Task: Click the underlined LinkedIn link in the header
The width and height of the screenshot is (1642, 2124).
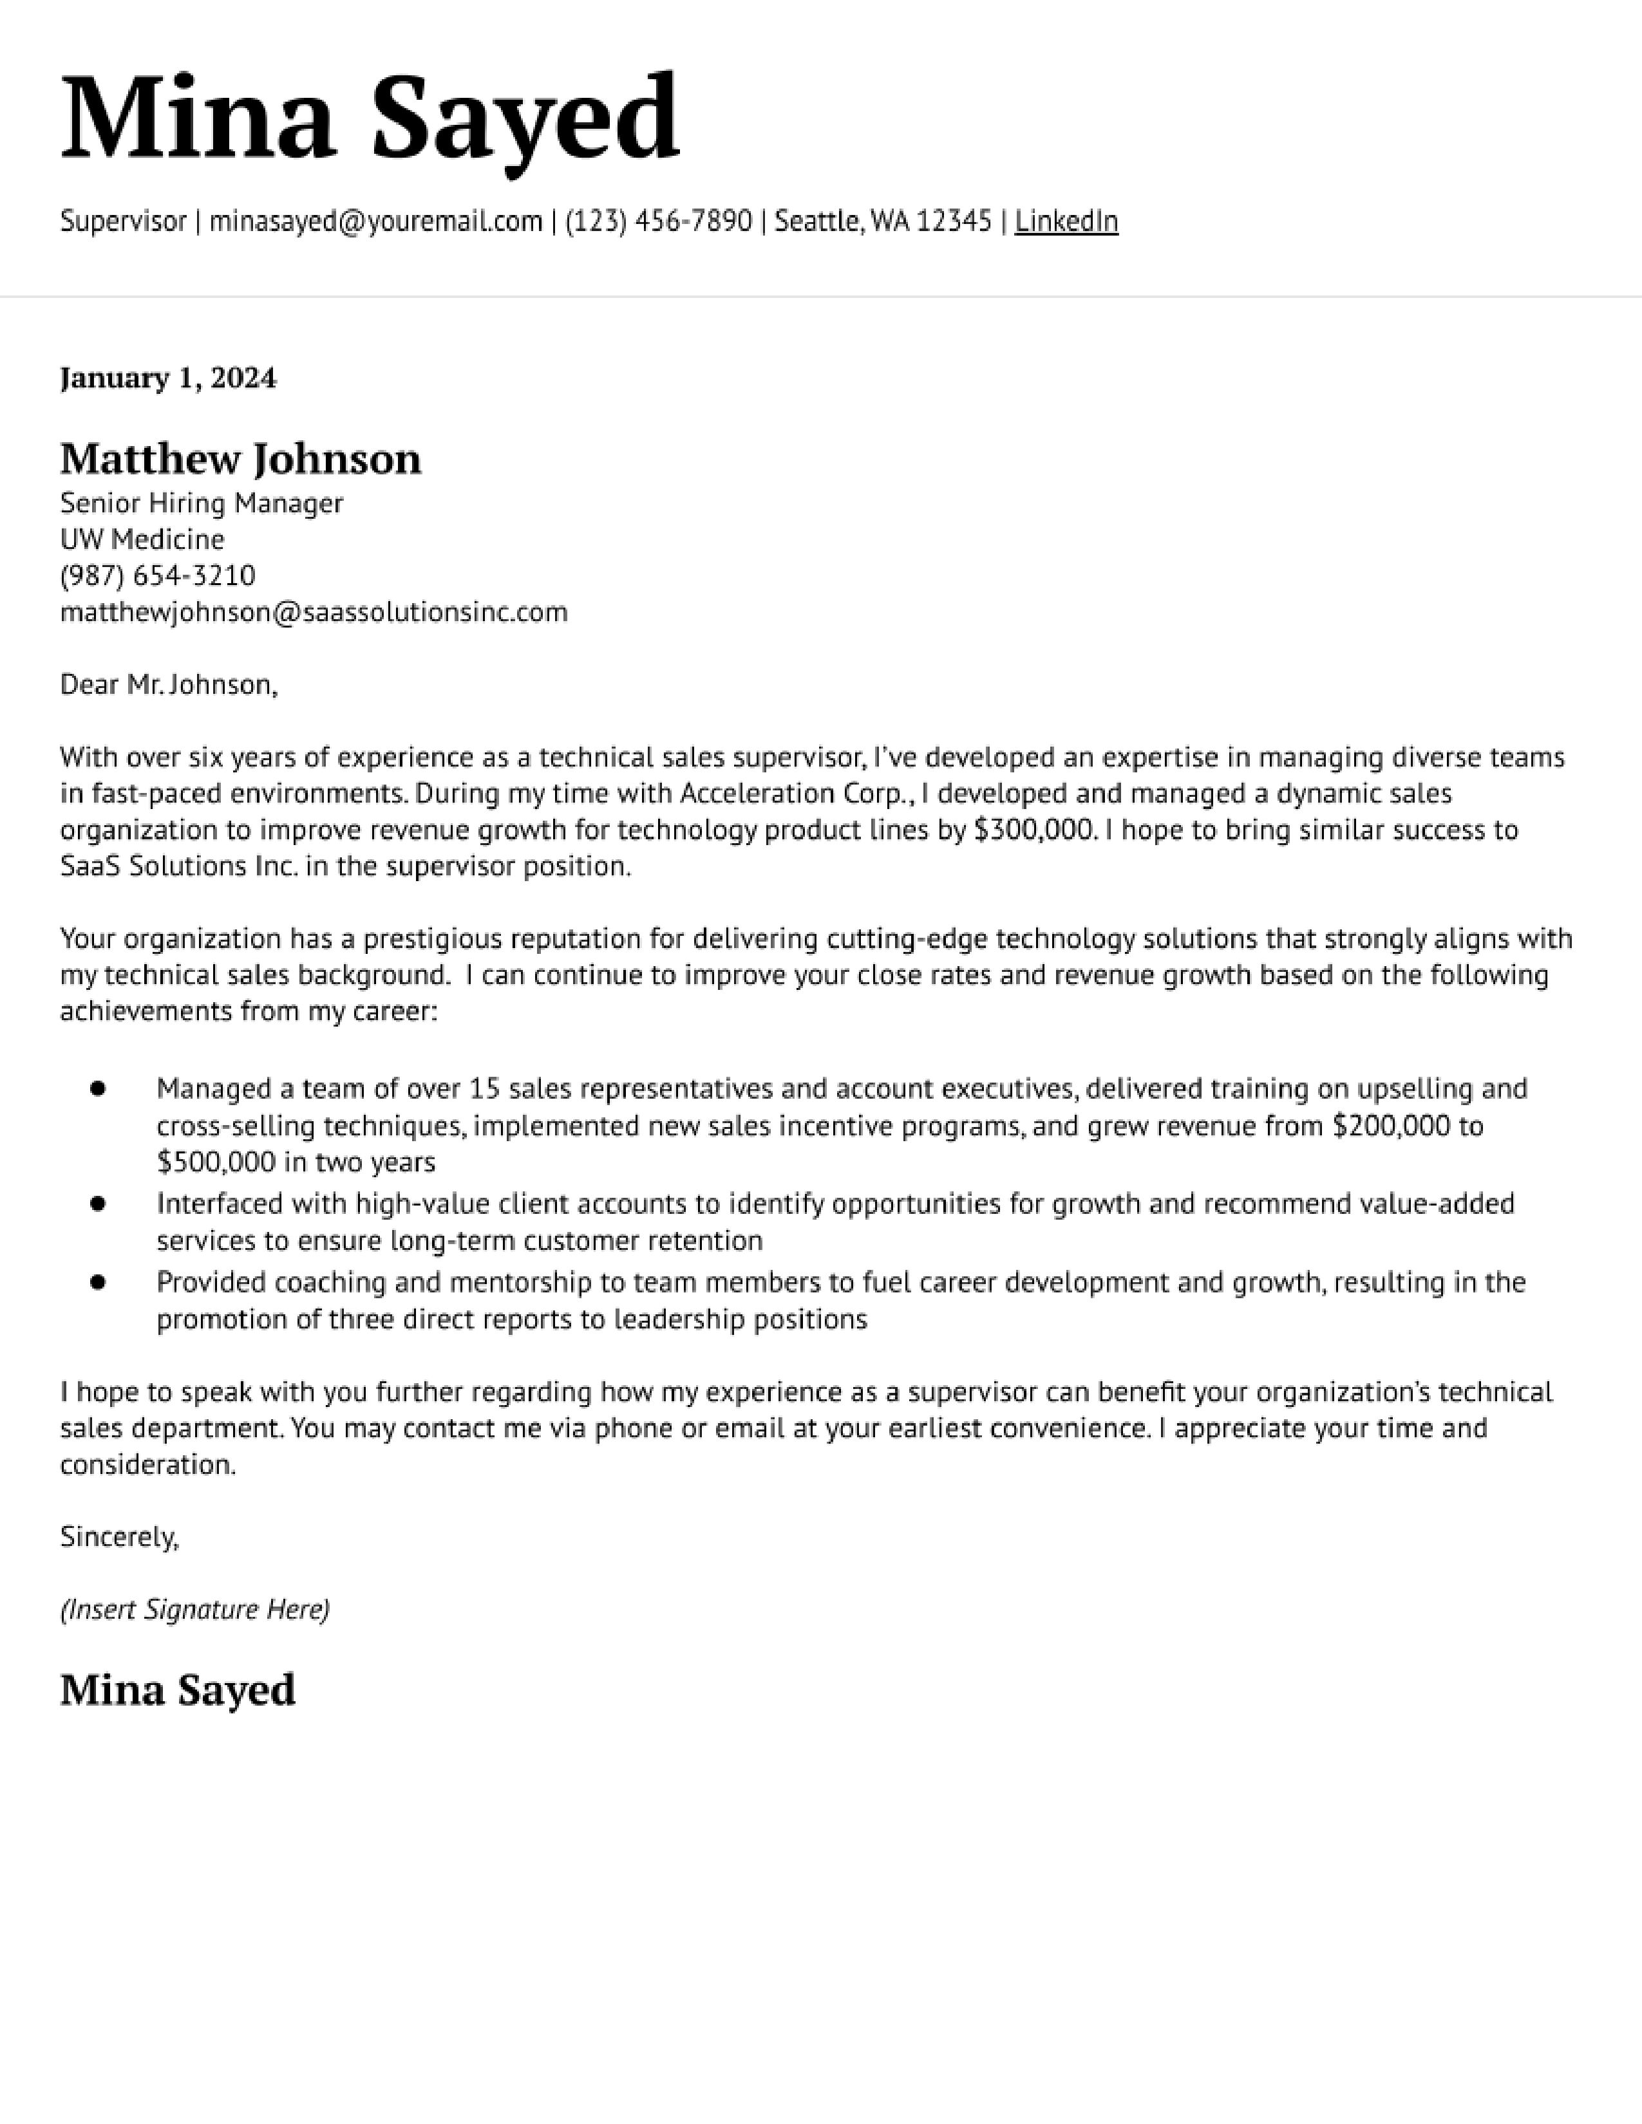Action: coord(1066,222)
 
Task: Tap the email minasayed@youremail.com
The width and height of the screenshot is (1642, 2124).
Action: coord(375,222)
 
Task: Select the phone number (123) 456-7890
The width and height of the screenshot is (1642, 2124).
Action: coord(659,222)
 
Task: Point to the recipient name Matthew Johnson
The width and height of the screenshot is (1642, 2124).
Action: coord(240,459)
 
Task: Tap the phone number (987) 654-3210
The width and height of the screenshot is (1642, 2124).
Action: coord(158,576)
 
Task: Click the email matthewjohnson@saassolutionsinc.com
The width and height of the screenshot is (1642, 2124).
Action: coord(313,611)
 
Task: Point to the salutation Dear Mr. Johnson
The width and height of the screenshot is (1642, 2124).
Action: coord(168,685)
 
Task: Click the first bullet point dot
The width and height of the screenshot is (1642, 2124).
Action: coord(97,1088)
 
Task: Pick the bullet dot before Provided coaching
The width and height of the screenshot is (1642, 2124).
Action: coord(97,1283)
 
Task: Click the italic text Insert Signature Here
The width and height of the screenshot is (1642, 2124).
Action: coord(194,1610)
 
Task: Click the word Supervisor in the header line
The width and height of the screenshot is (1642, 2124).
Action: coord(122,222)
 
